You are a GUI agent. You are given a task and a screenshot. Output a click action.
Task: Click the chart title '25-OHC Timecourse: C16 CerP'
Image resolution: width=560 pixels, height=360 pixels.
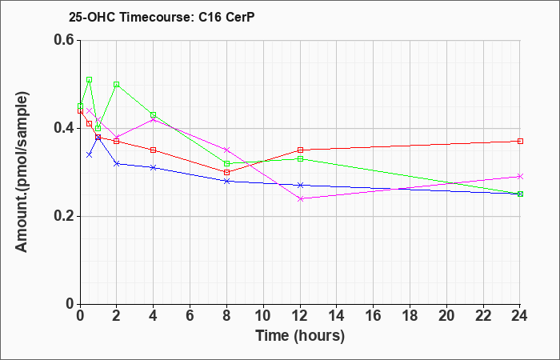pos(162,18)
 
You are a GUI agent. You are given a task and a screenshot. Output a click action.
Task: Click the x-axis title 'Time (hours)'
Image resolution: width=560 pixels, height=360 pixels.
pos(300,337)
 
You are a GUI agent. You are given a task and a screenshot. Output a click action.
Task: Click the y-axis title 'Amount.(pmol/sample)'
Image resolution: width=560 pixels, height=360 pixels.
pos(22,172)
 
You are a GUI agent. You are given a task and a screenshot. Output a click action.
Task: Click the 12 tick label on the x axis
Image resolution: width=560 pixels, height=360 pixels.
pos(300,316)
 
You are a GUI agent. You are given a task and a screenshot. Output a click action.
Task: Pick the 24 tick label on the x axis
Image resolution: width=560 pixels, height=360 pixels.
pos(519,316)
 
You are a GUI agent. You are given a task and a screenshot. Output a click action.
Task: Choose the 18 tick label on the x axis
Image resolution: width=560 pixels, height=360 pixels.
pos(410,316)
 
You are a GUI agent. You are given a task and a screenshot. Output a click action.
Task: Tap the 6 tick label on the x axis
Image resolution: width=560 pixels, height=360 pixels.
pos(190,316)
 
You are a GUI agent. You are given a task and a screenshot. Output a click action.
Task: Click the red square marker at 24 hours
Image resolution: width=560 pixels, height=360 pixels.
pos(520,141)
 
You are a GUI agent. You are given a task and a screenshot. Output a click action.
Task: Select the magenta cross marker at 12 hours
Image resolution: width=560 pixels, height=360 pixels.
pos(300,198)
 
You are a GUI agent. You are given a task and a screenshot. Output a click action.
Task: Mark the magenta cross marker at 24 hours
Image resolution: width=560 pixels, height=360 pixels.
pos(520,177)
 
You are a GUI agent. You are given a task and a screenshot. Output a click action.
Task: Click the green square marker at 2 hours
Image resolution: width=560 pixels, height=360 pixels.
pos(117,84)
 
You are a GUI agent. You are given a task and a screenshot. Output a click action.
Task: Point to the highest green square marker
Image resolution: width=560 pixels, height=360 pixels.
pos(90,80)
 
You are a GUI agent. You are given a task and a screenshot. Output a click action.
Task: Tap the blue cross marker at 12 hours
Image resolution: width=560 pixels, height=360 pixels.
pos(300,185)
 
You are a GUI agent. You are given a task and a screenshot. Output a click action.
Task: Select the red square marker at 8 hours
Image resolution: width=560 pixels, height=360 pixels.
pos(226,172)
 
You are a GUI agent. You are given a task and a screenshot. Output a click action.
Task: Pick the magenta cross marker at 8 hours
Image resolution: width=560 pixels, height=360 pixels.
pos(226,150)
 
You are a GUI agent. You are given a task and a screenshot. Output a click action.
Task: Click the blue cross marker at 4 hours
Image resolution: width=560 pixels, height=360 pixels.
pos(154,167)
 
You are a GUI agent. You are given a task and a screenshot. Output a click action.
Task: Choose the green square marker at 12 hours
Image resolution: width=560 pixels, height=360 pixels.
pos(300,158)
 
